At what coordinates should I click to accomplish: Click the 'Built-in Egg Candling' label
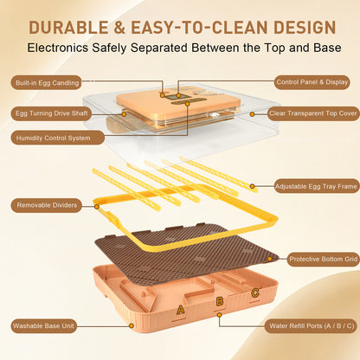pos(47,83)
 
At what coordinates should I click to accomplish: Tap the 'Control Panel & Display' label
pos(312,82)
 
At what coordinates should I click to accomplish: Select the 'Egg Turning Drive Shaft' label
pos(51,113)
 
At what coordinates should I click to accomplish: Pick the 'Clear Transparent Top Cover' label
pos(313,113)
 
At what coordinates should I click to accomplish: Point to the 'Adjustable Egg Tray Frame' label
pos(316,186)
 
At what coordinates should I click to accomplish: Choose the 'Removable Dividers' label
pos(47,205)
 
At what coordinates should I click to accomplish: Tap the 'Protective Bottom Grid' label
pos(323,259)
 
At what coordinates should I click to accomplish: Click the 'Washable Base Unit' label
pos(44,326)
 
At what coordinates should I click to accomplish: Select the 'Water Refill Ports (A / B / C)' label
pos(311,326)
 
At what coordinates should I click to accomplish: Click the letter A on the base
pos(180,310)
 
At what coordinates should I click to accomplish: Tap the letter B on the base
pos(220,302)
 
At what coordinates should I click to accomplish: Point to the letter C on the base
pos(255,293)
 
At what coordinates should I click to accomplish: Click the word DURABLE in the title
pos(68,28)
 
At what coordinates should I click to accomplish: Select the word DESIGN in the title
pos(305,28)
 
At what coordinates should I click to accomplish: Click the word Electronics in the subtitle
pos(58,48)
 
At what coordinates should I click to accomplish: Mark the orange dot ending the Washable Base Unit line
pos(132,325)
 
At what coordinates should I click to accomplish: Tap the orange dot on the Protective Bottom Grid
pos(270,259)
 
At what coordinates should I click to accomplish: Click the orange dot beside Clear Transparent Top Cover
pos(252,114)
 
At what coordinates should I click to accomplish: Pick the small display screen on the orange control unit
pos(173,97)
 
